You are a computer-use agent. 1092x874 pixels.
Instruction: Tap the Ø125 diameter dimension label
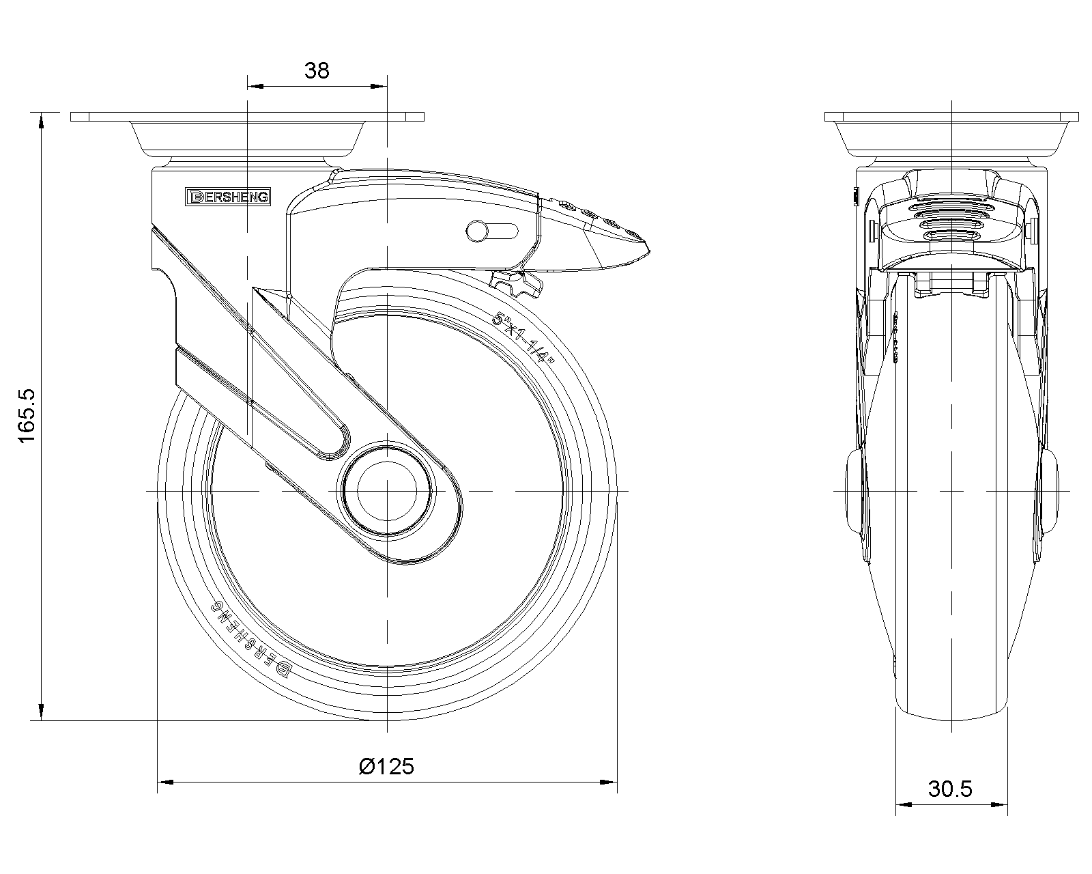(386, 766)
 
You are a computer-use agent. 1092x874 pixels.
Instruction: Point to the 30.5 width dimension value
(950, 789)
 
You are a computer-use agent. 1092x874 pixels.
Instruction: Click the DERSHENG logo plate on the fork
(229, 197)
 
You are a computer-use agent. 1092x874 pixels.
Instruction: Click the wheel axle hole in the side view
(387, 491)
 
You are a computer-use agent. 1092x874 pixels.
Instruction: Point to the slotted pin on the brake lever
(477, 231)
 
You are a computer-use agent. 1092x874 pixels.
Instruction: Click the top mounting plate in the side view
(247, 117)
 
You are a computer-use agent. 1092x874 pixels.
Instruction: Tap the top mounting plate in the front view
(951, 117)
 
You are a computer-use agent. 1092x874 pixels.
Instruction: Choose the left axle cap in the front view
(856, 491)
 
